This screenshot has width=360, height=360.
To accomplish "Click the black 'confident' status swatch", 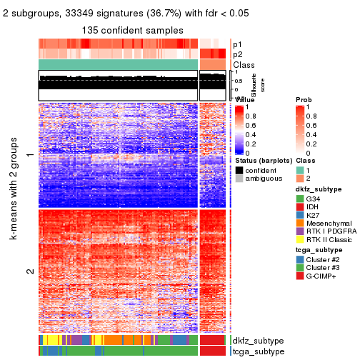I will tap(239, 171).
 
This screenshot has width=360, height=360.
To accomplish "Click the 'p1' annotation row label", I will tap(239, 44).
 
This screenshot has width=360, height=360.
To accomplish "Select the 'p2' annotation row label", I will tap(239, 54).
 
